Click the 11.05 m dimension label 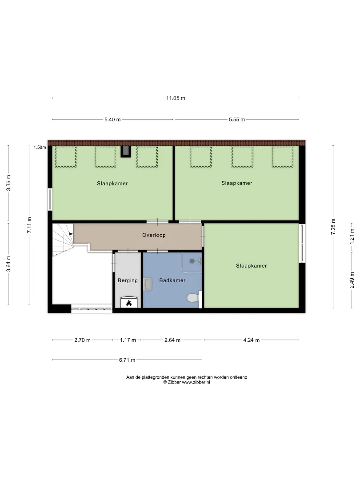coord(176,98)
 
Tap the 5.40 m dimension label coord(112,120)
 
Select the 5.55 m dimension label coord(236,120)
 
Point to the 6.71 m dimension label coord(127,360)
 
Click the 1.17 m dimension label coord(128,340)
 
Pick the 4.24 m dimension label coord(251,340)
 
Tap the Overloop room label coord(154,235)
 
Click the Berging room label coord(128,280)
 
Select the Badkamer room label coord(172,280)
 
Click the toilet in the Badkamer coord(193,297)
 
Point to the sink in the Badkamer coord(148,284)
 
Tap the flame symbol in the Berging coord(129,303)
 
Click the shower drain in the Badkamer coord(192,261)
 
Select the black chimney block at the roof coord(125,152)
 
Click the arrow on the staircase coord(71,234)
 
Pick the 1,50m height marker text coord(40,147)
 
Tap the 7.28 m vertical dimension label coord(333,227)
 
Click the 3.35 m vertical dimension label coord(8,183)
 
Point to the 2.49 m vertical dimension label coord(352,280)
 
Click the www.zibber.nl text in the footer coord(196,382)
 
